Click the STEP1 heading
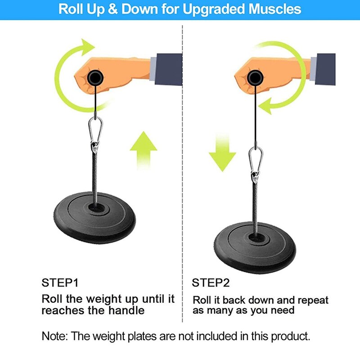(60, 283)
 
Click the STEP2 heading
(211, 283)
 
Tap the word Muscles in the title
(274, 9)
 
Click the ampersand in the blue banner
(112, 9)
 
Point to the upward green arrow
(144, 150)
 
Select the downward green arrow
(222, 153)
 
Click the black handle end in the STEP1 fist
(95, 78)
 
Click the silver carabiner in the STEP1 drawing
(95, 133)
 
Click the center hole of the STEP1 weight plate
(96, 208)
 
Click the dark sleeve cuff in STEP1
(169, 69)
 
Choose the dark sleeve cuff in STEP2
(325, 69)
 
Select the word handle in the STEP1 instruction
(126, 310)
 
